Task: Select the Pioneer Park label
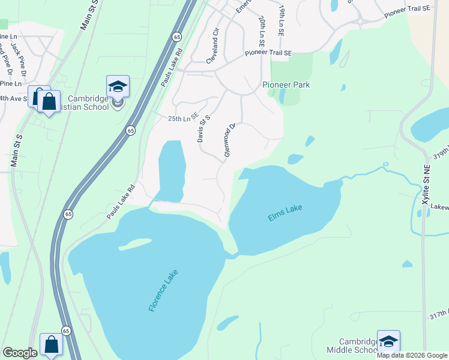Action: (286, 85)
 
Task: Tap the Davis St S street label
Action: (203, 129)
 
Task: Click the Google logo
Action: (20, 352)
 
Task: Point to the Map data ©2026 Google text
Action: (412, 355)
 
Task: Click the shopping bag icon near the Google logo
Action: (52, 345)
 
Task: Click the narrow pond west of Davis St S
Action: (170, 171)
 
